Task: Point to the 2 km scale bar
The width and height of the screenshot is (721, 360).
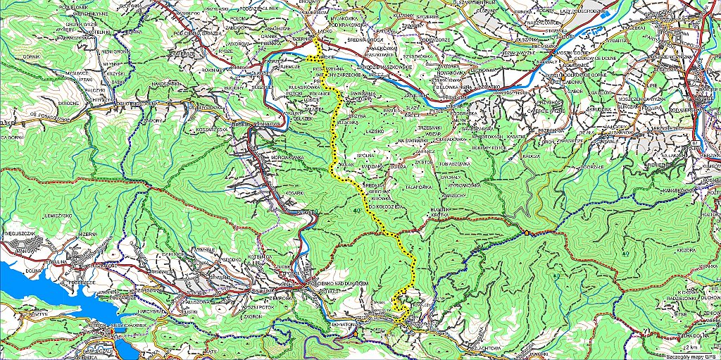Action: pyautogui.click(x=694, y=347)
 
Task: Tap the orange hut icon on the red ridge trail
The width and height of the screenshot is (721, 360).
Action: pyautogui.click(x=525, y=233)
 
